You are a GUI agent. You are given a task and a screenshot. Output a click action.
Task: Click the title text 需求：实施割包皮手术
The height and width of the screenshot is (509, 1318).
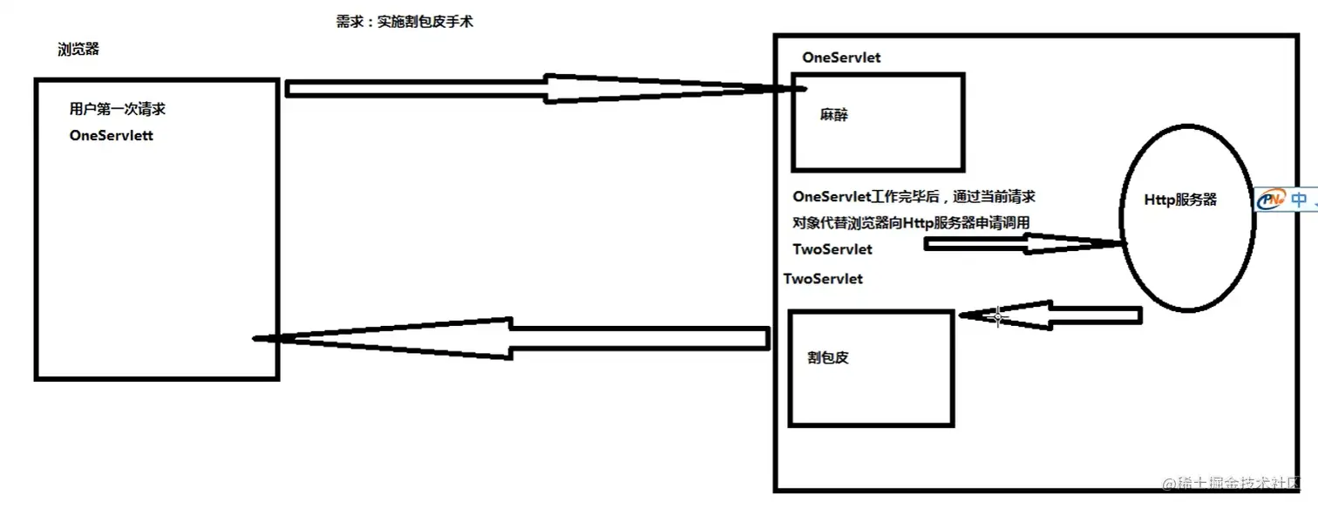pyautogui.click(x=404, y=22)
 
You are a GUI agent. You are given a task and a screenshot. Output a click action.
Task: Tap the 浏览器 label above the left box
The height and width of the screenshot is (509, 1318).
pyautogui.click(x=78, y=50)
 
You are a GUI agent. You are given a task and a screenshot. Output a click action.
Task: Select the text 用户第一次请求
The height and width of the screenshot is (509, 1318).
pyautogui.click(x=118, y=110)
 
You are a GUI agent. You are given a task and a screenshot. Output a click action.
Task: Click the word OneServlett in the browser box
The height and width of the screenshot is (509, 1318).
pyautogui.click(x=112, y=136)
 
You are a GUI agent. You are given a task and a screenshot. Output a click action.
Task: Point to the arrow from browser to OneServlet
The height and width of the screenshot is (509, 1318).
pyautogui.click(x=540, y=88)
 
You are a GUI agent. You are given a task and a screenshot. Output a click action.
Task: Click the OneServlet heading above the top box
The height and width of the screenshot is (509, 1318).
pyautogui.click(x=841, y=58)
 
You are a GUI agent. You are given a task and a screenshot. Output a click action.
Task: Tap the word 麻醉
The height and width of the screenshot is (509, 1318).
pyautogui.click(x=834, y=115)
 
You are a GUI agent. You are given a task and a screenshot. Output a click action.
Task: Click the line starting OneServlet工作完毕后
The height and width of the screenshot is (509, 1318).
pyautogui.click(x=914, y=197)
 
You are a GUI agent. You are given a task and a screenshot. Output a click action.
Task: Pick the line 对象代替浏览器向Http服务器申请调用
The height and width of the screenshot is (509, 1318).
pyautogui.click(x=911, y=223)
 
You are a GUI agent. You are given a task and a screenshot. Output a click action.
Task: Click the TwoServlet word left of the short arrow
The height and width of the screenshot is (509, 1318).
pyautogui.click(x=832, y=249)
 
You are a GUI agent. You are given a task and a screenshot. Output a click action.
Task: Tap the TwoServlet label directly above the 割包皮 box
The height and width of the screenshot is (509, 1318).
pyautogui.click(x=824, y=279)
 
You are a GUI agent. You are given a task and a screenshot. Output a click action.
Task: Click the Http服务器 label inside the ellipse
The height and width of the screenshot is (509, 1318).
pyautogui.click(x=1180, y=200)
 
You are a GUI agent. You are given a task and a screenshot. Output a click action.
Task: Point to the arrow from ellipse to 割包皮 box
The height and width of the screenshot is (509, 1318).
pyautogui.click(x=1050, y=316)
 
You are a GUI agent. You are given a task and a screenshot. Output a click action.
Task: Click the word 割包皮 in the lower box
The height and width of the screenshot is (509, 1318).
pyautogui.click(x=828, y=357)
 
